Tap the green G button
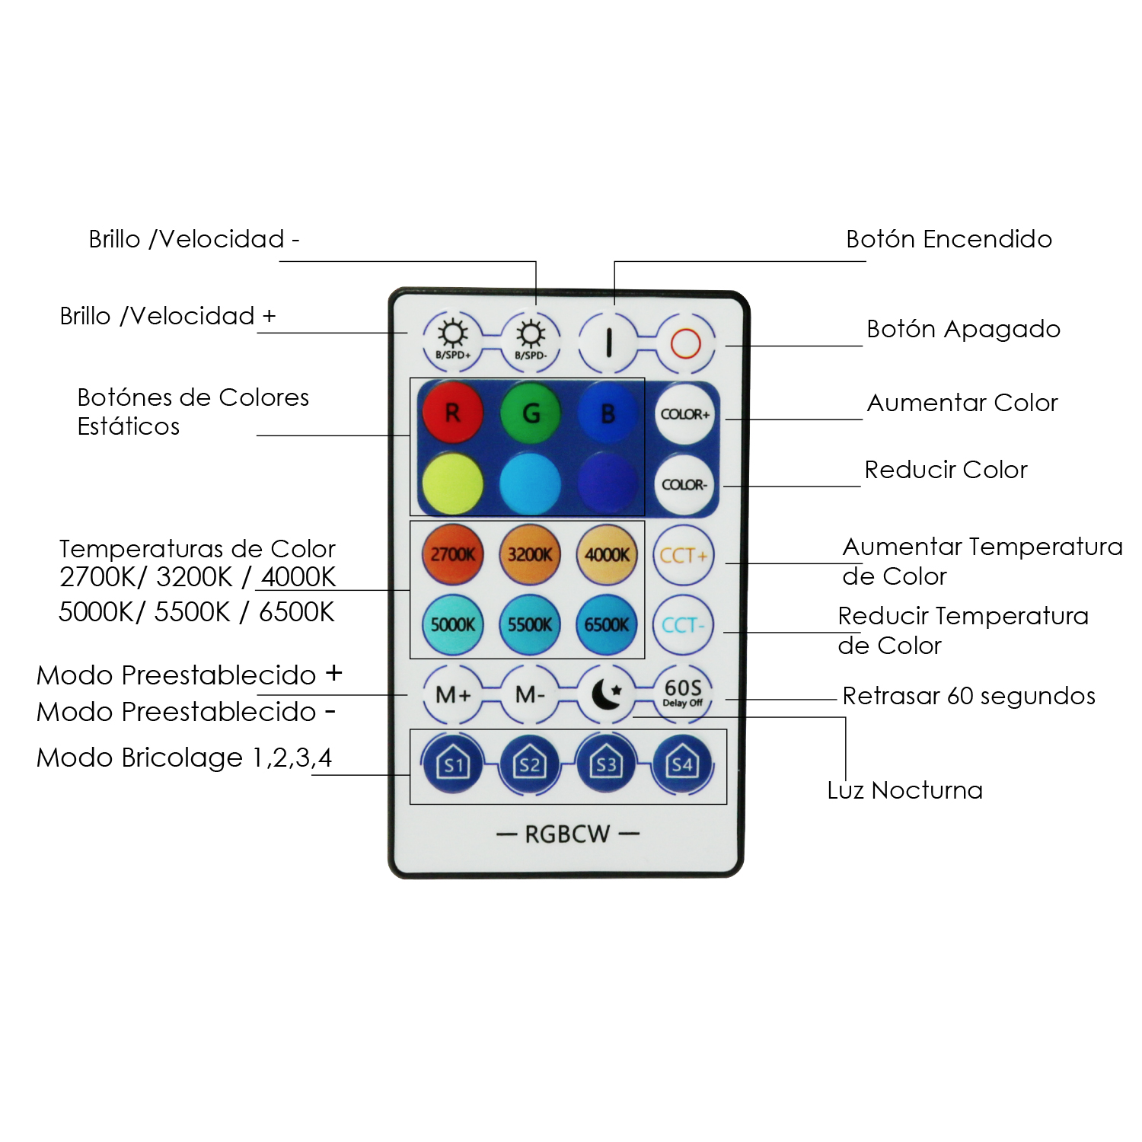coord(531,413)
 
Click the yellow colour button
coord(452,483)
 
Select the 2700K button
coord(452,554)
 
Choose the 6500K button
coord(607,625)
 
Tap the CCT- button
coord(683,625)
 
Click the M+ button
coord(452,694)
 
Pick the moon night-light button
coord(607,694)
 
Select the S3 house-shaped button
coord(606,764)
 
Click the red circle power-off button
coord(685,343)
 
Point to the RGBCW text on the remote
coord(567,834)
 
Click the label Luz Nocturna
coord(904,790)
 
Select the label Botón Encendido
coord(949,239)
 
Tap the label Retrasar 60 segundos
coord(968,696)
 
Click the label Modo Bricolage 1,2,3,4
coord(184,758)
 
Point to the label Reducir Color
coord(946,470)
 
